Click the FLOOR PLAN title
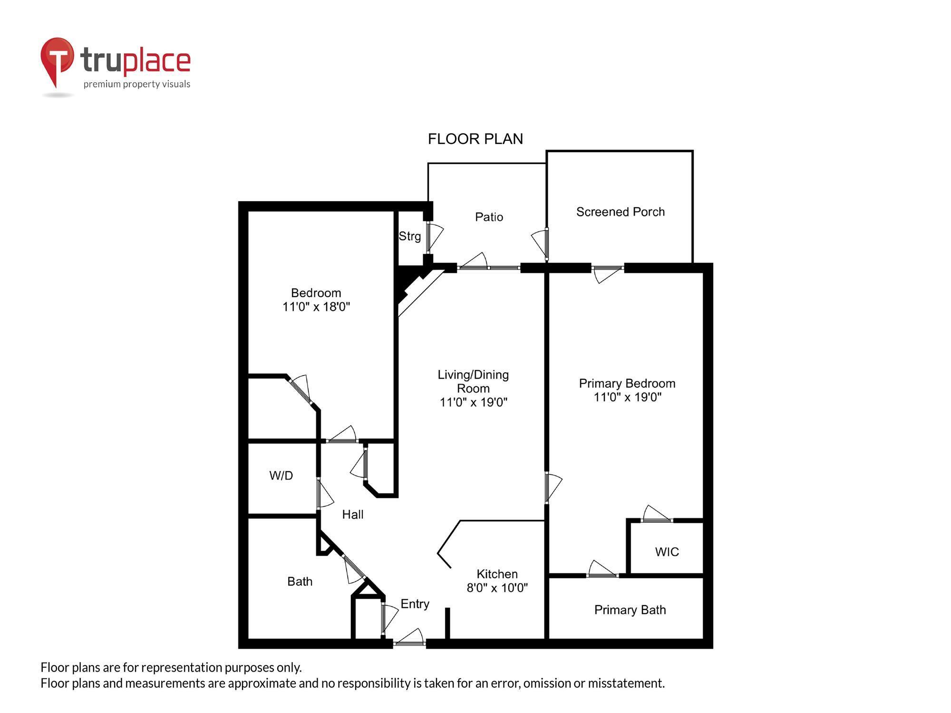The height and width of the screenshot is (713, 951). [x=475, y=139]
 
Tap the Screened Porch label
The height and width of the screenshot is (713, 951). [x=620, y=212]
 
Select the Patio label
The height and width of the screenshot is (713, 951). [x=489, y=217]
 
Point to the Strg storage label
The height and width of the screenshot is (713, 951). [x=409, y=236]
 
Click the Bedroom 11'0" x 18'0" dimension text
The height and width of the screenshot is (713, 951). [x=316, y=307]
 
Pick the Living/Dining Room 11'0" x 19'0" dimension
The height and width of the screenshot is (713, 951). [x=474, y=403]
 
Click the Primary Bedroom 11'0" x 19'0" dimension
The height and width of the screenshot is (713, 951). [x=627, y=397]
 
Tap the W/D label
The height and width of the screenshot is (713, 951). [x=281, y=476]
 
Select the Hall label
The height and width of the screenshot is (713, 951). [x=353, y=514]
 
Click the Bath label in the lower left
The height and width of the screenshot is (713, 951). [x=300, y=581]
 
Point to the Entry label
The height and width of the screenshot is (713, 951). [x=415, y=604]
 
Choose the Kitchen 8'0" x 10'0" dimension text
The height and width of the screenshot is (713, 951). [x=497, y=588]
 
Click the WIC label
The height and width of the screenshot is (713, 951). [x=667, y=552]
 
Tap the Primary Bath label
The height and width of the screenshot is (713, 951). [x=630, y=610]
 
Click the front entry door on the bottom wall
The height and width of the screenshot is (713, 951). [x=409, y=643]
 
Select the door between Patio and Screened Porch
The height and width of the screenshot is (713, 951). [x=546, y=243]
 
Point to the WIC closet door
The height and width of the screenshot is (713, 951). [x=657, y=520]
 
